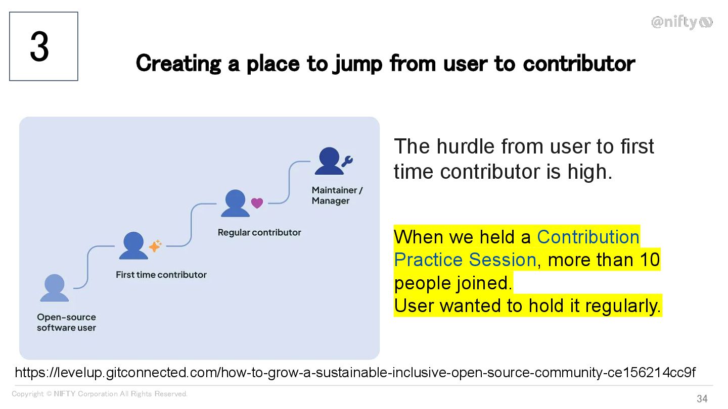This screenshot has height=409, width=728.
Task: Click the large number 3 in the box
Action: (39, 46)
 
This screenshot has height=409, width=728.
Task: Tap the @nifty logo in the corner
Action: (682, 22)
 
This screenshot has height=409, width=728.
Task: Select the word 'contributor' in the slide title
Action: (579, 63)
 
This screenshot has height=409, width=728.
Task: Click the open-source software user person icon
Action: (54, 288)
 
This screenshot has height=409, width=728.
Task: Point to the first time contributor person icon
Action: (133, 245)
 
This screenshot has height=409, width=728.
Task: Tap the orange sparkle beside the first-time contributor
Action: (155, 246)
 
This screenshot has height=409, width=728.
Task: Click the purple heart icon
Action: (257, 203)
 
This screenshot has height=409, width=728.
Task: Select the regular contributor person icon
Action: (235, 203)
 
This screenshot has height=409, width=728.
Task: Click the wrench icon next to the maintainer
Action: (347, 161)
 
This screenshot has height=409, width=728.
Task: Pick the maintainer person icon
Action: (329, 161)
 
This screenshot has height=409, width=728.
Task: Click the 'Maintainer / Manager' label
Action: (337, 195)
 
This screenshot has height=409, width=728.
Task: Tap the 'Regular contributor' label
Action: (259, 232)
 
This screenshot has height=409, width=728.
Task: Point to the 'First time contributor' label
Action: (161, 275)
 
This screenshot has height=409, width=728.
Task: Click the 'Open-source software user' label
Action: (66, 322)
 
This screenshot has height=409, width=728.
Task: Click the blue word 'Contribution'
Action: (588, 237)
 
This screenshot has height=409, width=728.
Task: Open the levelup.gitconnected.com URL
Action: (355, 373)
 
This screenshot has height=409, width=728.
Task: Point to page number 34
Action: (702, 398)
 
